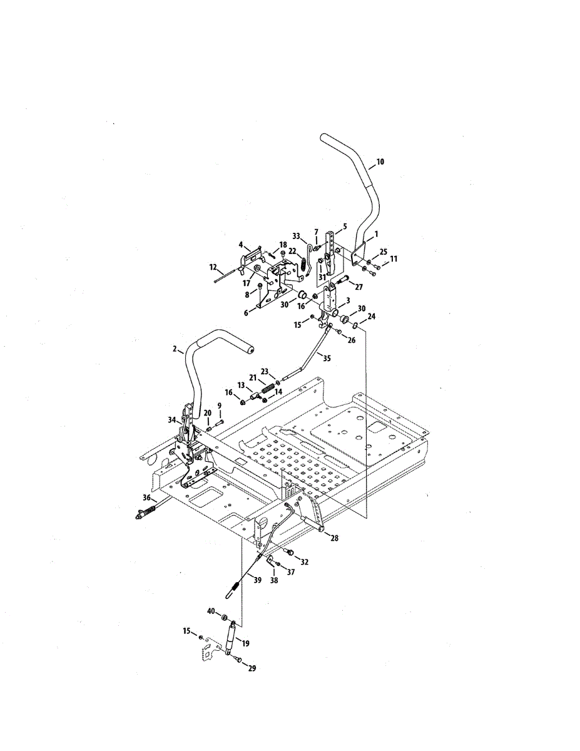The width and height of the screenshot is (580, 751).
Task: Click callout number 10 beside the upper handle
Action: click(380, 161)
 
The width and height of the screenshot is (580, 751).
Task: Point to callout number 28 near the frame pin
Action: click(334, 538)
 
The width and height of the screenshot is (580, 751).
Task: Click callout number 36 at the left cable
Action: click(146, 498)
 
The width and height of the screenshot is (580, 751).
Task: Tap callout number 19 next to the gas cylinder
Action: click(245, 643)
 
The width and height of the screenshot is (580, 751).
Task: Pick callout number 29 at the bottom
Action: click(252, 668)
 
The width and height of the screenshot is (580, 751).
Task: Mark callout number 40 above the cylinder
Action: click(211, 611)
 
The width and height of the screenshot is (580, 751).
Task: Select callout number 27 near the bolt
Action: click(359, 286)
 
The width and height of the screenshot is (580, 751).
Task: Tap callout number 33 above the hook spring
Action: click(296, 236)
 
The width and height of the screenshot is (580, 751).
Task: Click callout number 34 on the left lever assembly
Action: click(172, 421)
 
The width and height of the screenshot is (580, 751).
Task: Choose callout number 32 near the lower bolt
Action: click(305, 561)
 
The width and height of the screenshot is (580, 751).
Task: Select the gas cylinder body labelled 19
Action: click(230, 640)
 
